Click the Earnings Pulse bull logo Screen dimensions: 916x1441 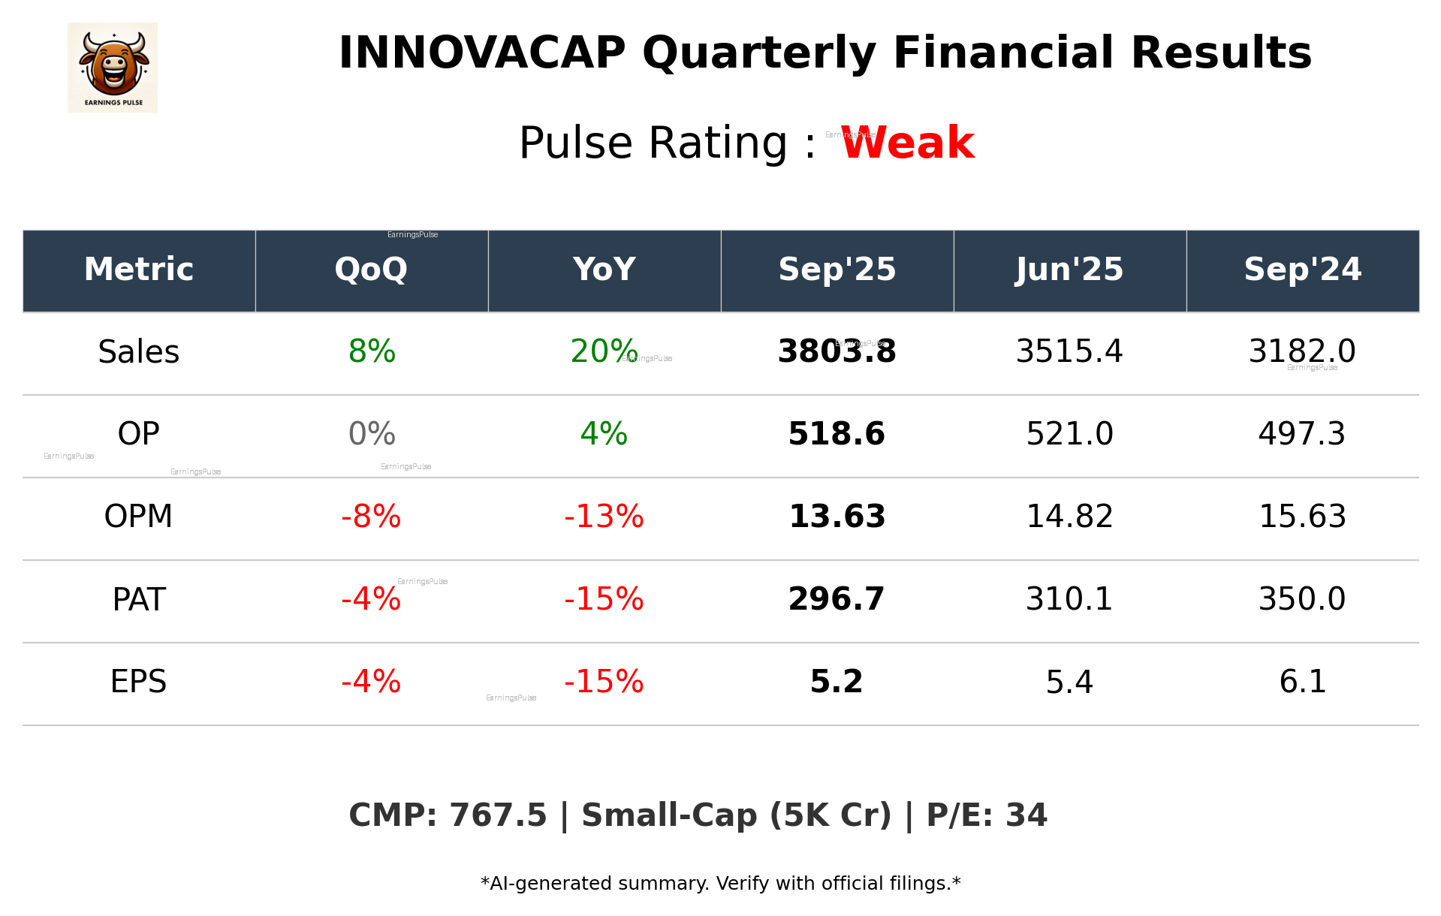click(113, 67)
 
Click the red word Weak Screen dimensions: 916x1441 click(907, 143)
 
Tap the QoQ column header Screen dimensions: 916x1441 click(371, 270)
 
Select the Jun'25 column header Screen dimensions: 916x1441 click(1069, 270)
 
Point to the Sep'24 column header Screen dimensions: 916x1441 click(1302, 270)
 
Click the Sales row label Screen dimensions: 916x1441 click(139, 352)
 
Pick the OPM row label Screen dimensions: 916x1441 click(138, 517)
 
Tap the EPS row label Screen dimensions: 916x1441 click(138, 682)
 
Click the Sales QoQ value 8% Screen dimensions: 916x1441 click(372, 352)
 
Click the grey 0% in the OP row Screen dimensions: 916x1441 click(372, 434)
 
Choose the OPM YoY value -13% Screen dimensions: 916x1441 click(604, 517)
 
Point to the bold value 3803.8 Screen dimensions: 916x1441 click(837, 352)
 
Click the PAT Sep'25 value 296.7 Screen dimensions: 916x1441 click(837, 599)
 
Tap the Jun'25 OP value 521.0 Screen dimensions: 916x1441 click(1069, 434)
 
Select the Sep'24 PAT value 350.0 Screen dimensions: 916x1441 click(1302, 599)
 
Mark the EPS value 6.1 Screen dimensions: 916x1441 click(1302, 682)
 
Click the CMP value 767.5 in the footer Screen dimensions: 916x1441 click(498, 816)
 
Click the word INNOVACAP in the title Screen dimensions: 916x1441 click(481, 54)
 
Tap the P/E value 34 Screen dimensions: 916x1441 click(1026, 816)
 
